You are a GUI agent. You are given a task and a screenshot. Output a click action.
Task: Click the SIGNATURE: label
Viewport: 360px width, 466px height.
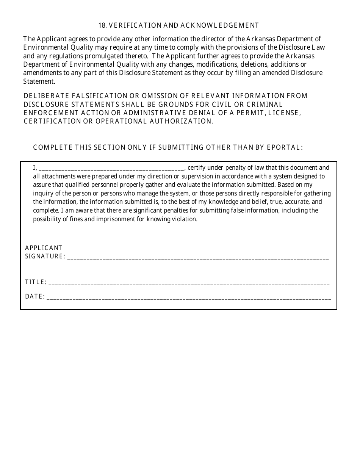pos(45,256)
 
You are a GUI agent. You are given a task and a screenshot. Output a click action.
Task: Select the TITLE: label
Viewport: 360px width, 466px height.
pos(36,282)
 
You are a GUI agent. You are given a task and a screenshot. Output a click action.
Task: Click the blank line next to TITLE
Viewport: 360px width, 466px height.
pos(189,283)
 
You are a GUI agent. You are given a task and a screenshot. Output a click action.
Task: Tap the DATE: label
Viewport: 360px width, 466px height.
pos(35,297)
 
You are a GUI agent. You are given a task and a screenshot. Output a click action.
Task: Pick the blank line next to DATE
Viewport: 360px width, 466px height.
pos(189,298)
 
